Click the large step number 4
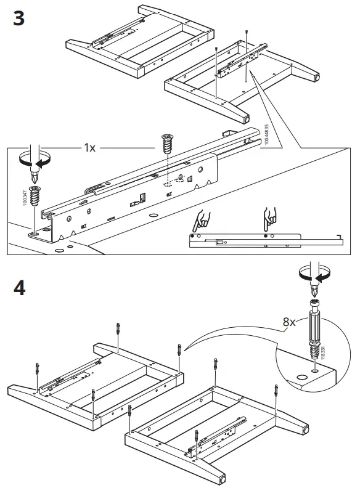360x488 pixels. pyautogui.click(x=19, y=288)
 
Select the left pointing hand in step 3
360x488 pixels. pyautogui.click(x=202, y=220)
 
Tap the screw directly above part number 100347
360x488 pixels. pyautogui.click(x=36, y=194)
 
